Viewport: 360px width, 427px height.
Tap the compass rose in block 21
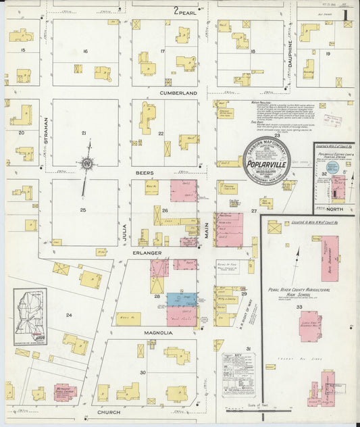point(87,163)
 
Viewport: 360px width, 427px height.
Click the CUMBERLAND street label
point(178,93)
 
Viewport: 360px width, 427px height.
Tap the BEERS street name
point(145,173)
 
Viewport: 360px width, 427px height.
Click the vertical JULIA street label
point(124,232)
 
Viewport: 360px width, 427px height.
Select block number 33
point(299,307)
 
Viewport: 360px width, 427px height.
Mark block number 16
point(85,51)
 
